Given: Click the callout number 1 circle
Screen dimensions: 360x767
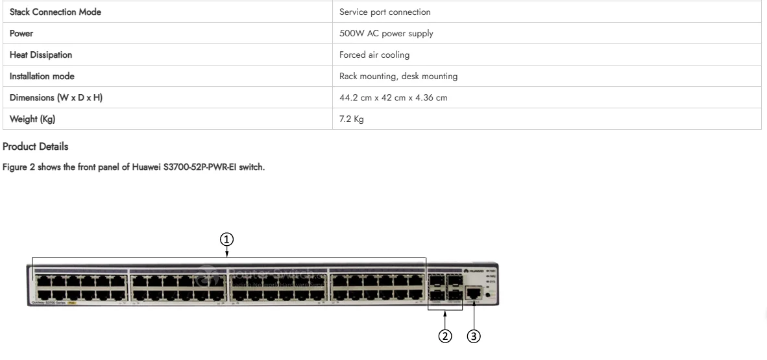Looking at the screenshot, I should tap(226, 239).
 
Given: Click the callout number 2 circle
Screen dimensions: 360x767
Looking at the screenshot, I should tap(445, 337).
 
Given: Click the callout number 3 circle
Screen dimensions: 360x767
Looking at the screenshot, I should tap(474, 337).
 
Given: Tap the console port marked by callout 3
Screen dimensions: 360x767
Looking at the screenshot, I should tap(474, 293).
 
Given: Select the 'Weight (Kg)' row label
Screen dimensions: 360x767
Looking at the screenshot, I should tap(29, 119).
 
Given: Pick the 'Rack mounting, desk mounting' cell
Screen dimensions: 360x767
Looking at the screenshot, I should tap(398, 77).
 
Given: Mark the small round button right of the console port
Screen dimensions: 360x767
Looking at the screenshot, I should tap(487, 296).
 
